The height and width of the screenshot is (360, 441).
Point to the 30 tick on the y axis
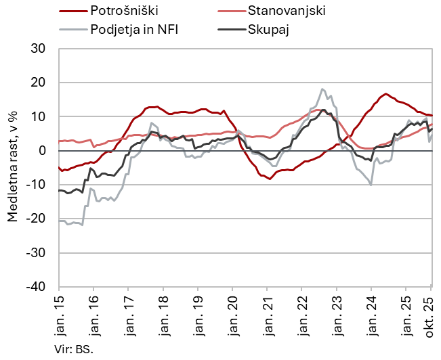click(x=38, y=49)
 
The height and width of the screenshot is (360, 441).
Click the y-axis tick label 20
click(x=38, y=83)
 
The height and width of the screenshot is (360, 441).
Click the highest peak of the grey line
click(x=323, y=89)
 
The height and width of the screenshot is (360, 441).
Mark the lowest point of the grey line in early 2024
click(x=371, y=184)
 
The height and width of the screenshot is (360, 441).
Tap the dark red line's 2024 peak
click(x=386, y=94)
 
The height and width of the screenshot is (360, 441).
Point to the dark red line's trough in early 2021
click(x=270, y=179)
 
